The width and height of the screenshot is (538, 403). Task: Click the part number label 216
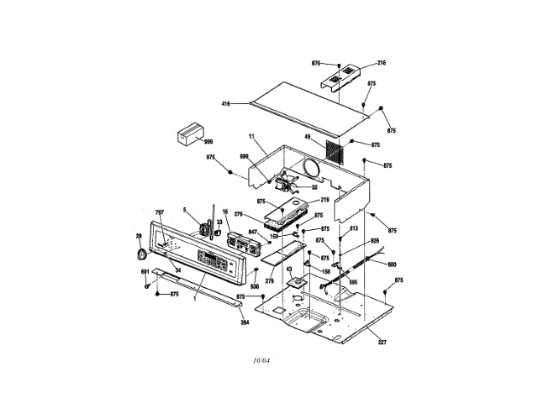[x=381, y=63]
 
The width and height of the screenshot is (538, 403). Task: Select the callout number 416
[x=225, y=103]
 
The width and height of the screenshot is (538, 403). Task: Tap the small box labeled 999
[x=191, y=135]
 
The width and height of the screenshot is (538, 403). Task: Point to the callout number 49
[x=308, y=137]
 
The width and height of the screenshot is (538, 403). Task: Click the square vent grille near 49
[x=334, y=151]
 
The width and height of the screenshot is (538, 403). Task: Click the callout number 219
[x=325, y=200]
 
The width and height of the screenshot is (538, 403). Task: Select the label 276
[x=238, y=216]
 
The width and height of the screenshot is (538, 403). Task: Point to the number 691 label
[x=145, y=272]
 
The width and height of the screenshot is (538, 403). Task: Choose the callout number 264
[x=245, y=322]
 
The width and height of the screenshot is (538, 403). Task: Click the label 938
[x=254, y=286]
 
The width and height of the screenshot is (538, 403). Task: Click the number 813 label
[x=354, y=228]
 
